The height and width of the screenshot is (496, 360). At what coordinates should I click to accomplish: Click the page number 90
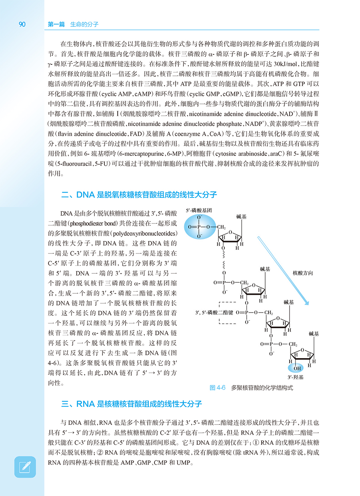click(22, 24)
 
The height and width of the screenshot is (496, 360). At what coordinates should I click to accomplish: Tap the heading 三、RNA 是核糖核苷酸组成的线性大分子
click(132, 404)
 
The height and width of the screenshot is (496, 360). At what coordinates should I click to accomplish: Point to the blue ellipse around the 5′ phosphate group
click(199, 227)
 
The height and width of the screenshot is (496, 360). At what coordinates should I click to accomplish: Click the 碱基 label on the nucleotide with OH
click(314, 333)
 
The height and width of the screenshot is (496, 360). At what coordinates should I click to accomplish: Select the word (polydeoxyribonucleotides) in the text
click(149, 233)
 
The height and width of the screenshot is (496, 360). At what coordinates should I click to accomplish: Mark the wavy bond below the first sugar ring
click(223, 259)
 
